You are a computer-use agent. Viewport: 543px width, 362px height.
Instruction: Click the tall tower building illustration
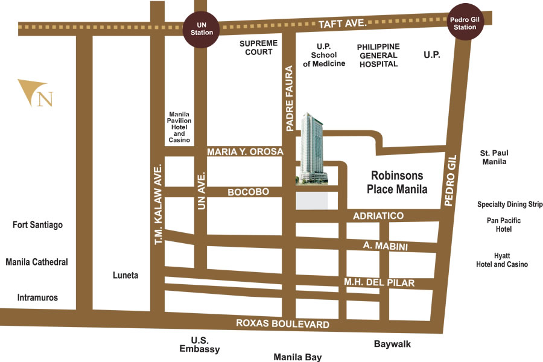[313, 148]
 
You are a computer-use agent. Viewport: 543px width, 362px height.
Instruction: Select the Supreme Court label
[258, 48]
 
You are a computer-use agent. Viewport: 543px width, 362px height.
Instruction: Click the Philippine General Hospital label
[378, 55]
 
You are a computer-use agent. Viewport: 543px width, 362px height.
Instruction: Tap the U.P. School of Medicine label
[324, 55]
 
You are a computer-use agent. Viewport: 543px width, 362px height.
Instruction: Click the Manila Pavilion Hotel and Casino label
[180, 127]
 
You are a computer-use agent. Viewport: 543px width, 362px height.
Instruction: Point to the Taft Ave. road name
[343, 24]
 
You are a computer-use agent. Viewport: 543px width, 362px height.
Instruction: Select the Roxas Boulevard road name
[282, 324]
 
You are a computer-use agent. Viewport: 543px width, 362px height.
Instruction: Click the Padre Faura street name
[290, 98]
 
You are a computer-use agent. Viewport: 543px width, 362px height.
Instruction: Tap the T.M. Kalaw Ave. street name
[159, 203]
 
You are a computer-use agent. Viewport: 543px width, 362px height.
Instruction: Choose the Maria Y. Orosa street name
[244, 152]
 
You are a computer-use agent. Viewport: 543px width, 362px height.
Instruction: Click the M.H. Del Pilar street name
[379, 282]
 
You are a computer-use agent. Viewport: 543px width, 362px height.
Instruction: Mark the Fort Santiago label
[37, 225]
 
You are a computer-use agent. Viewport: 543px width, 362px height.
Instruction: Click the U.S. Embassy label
[200, 345]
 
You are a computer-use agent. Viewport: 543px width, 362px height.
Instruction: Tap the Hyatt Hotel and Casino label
[502, 260]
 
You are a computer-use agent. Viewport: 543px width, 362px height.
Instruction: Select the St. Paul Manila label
[494, 157]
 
